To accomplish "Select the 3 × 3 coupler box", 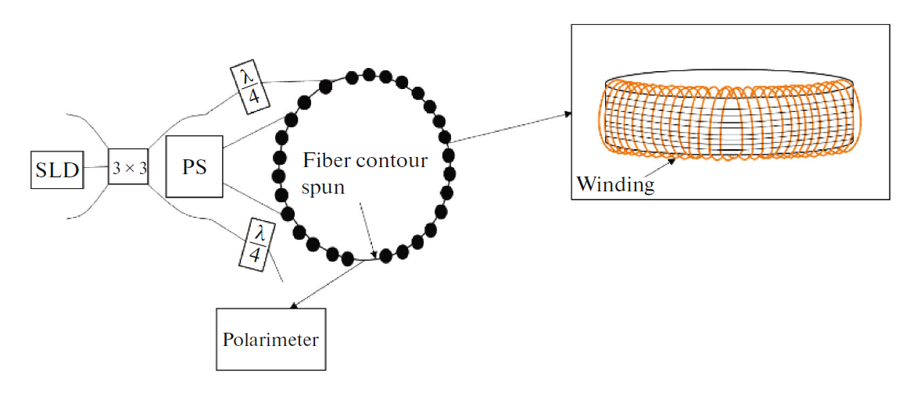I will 128,166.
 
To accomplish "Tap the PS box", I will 195,166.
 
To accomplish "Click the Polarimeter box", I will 270,340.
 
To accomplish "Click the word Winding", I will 614,184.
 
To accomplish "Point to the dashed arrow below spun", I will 369,230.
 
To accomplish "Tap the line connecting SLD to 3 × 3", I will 96,167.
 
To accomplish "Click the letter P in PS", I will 187,166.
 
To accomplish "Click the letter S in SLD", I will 42,169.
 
